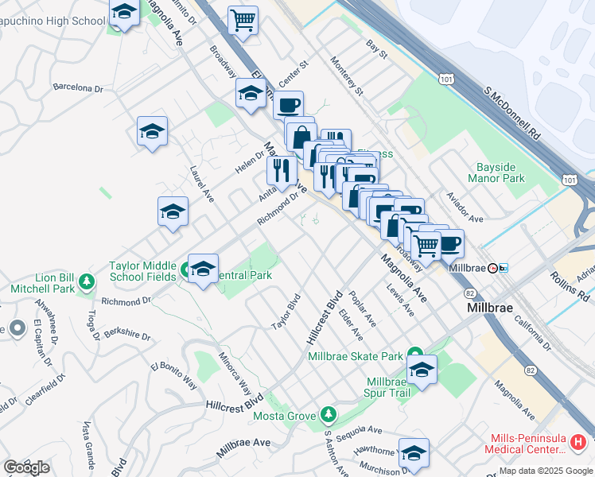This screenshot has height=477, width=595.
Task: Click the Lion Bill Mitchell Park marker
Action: pyautogui.click(x=87, y=281)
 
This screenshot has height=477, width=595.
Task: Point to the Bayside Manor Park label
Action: pyautogui.click(x=501, y=173)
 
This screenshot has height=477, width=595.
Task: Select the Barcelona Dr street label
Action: pyautogui.click(x=78, y=87)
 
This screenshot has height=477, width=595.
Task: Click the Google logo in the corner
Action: pyautogui.click(x=26, y=467)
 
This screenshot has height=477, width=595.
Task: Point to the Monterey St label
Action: pyautogui.click(x=347, y=79)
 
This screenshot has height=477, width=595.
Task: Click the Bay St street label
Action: pyautogui.click(x=376, y=50)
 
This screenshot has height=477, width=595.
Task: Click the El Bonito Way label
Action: pyautogui.click(x=173, y=374)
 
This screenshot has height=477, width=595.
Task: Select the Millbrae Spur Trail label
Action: pyautogui.click(x=387, y=387)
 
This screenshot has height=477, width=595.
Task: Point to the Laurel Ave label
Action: pyautogui.click(x=202, y=183)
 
